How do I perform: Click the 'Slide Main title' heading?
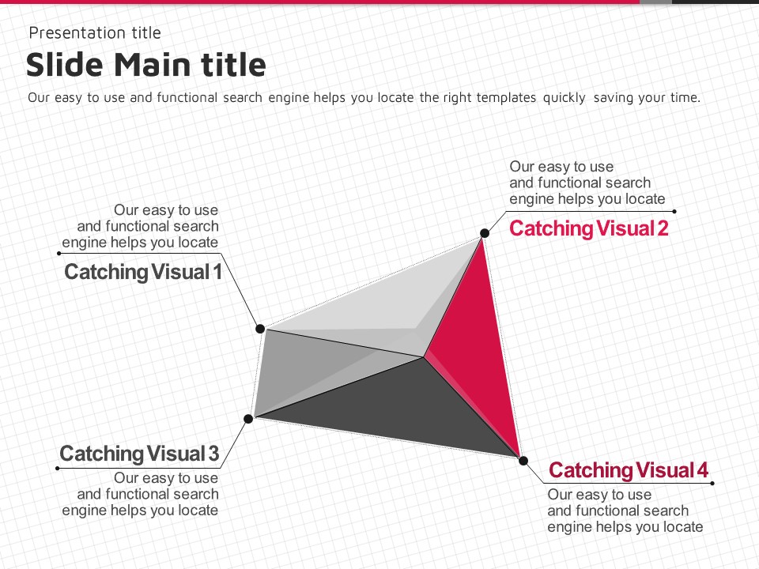(x=145, y=65)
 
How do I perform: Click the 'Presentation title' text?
(x=94, y=32)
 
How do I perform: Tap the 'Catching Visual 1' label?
(x=142, y=272)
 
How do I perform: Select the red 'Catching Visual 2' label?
(x=589, y=228)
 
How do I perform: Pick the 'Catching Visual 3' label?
(x=139, y=454)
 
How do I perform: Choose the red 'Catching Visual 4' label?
(x=629, y=470)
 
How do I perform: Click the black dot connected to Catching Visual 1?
(x=259, y=328)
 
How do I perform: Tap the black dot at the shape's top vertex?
(x=484, y=233)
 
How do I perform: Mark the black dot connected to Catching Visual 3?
(x=248, y=418)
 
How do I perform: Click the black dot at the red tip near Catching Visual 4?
(x=523, y=460)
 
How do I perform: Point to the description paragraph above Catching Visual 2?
(x=587, y=183)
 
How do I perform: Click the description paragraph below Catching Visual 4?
(x=625, y=511)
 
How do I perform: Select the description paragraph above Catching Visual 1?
(x=141, y=226)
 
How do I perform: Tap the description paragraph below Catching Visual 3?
(x=141, y=494)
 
